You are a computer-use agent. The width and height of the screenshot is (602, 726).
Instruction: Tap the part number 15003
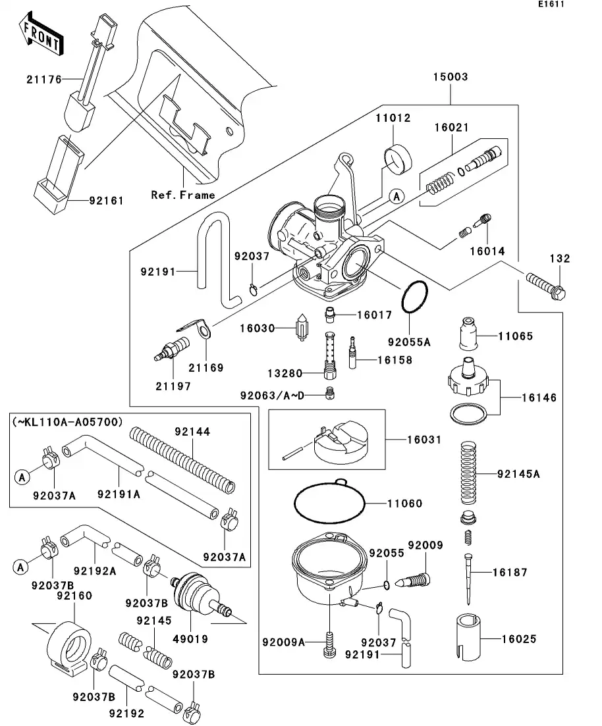coord(450,77)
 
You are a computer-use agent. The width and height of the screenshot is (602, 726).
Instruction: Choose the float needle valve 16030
coord(301,327)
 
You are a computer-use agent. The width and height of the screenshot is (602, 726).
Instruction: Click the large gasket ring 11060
coord(329,504)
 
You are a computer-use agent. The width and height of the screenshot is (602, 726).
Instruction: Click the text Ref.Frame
coord(183,195)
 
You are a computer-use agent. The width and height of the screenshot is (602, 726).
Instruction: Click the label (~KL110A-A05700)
coord(67,422)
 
